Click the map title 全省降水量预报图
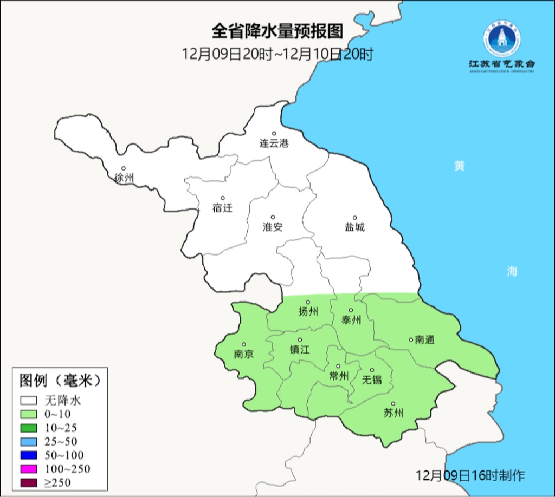277,31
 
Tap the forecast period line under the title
277,54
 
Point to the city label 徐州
124,178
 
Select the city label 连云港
274,143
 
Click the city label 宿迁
222,208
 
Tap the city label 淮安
273,227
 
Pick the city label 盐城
355,227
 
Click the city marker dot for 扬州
308,303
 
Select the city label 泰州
351,320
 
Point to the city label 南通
425,340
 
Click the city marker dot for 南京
244,344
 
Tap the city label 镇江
299,350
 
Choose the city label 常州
339,376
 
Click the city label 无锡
372,380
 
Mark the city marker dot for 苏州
393,404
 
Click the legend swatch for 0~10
29,414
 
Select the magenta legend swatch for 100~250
29,468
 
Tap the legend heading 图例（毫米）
60,381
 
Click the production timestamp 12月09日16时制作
470,476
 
